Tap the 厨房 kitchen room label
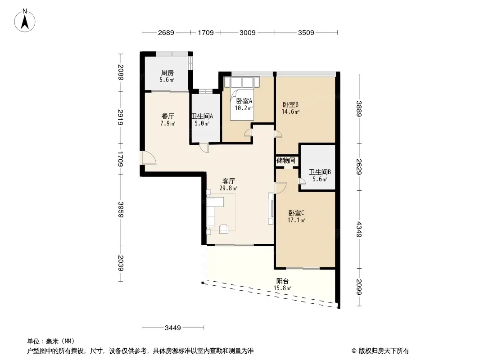point(168,73)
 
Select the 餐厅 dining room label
point(168,116)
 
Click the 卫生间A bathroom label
point(202,116)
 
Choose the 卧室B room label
point(290,104)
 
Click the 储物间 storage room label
point(286,161)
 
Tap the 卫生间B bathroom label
point(320,172)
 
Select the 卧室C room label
point(296,213)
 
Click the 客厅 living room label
point(228,181)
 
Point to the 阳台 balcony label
point(282,281)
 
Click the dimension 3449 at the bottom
point(173,328)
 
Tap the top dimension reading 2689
point(166,32)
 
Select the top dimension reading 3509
point(306,32)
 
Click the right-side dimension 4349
point(359,229)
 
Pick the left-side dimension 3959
point(121,210)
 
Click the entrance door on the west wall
point(149,158)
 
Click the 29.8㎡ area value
point(228,189)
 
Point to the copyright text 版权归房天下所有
point(384,351)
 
